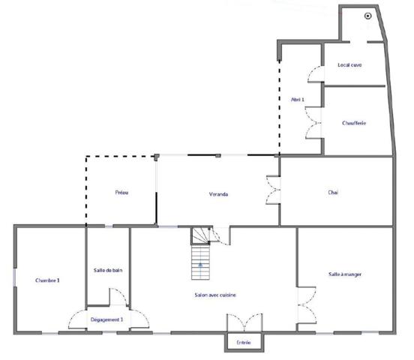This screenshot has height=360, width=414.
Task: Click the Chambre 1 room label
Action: (x=47, y=280)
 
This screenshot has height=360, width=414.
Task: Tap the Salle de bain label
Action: (x=108, y=270)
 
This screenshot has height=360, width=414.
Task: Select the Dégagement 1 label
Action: (x=106, y=319)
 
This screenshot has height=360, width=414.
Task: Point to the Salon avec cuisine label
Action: (x=215, y=295)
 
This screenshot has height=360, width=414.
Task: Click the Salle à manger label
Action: (x=345, y=274)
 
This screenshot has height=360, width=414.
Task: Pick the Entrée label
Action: (x=243, y=343)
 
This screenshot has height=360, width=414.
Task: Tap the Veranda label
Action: (x=218, y=194)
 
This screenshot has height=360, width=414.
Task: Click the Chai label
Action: (x=333, y=193)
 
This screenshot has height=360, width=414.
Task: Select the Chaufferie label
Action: (x=353, y=123)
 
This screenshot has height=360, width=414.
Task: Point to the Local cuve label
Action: (x=349, y=65)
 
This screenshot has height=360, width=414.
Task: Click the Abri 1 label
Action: (x=298, y=99)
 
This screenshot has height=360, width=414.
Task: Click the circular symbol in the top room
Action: (x=367, y=16)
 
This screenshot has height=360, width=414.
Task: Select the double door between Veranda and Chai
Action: (x=273, y=190)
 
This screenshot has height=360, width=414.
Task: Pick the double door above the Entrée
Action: (x=244, y=321)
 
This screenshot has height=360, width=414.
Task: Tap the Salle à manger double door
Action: (x=304, y=304)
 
